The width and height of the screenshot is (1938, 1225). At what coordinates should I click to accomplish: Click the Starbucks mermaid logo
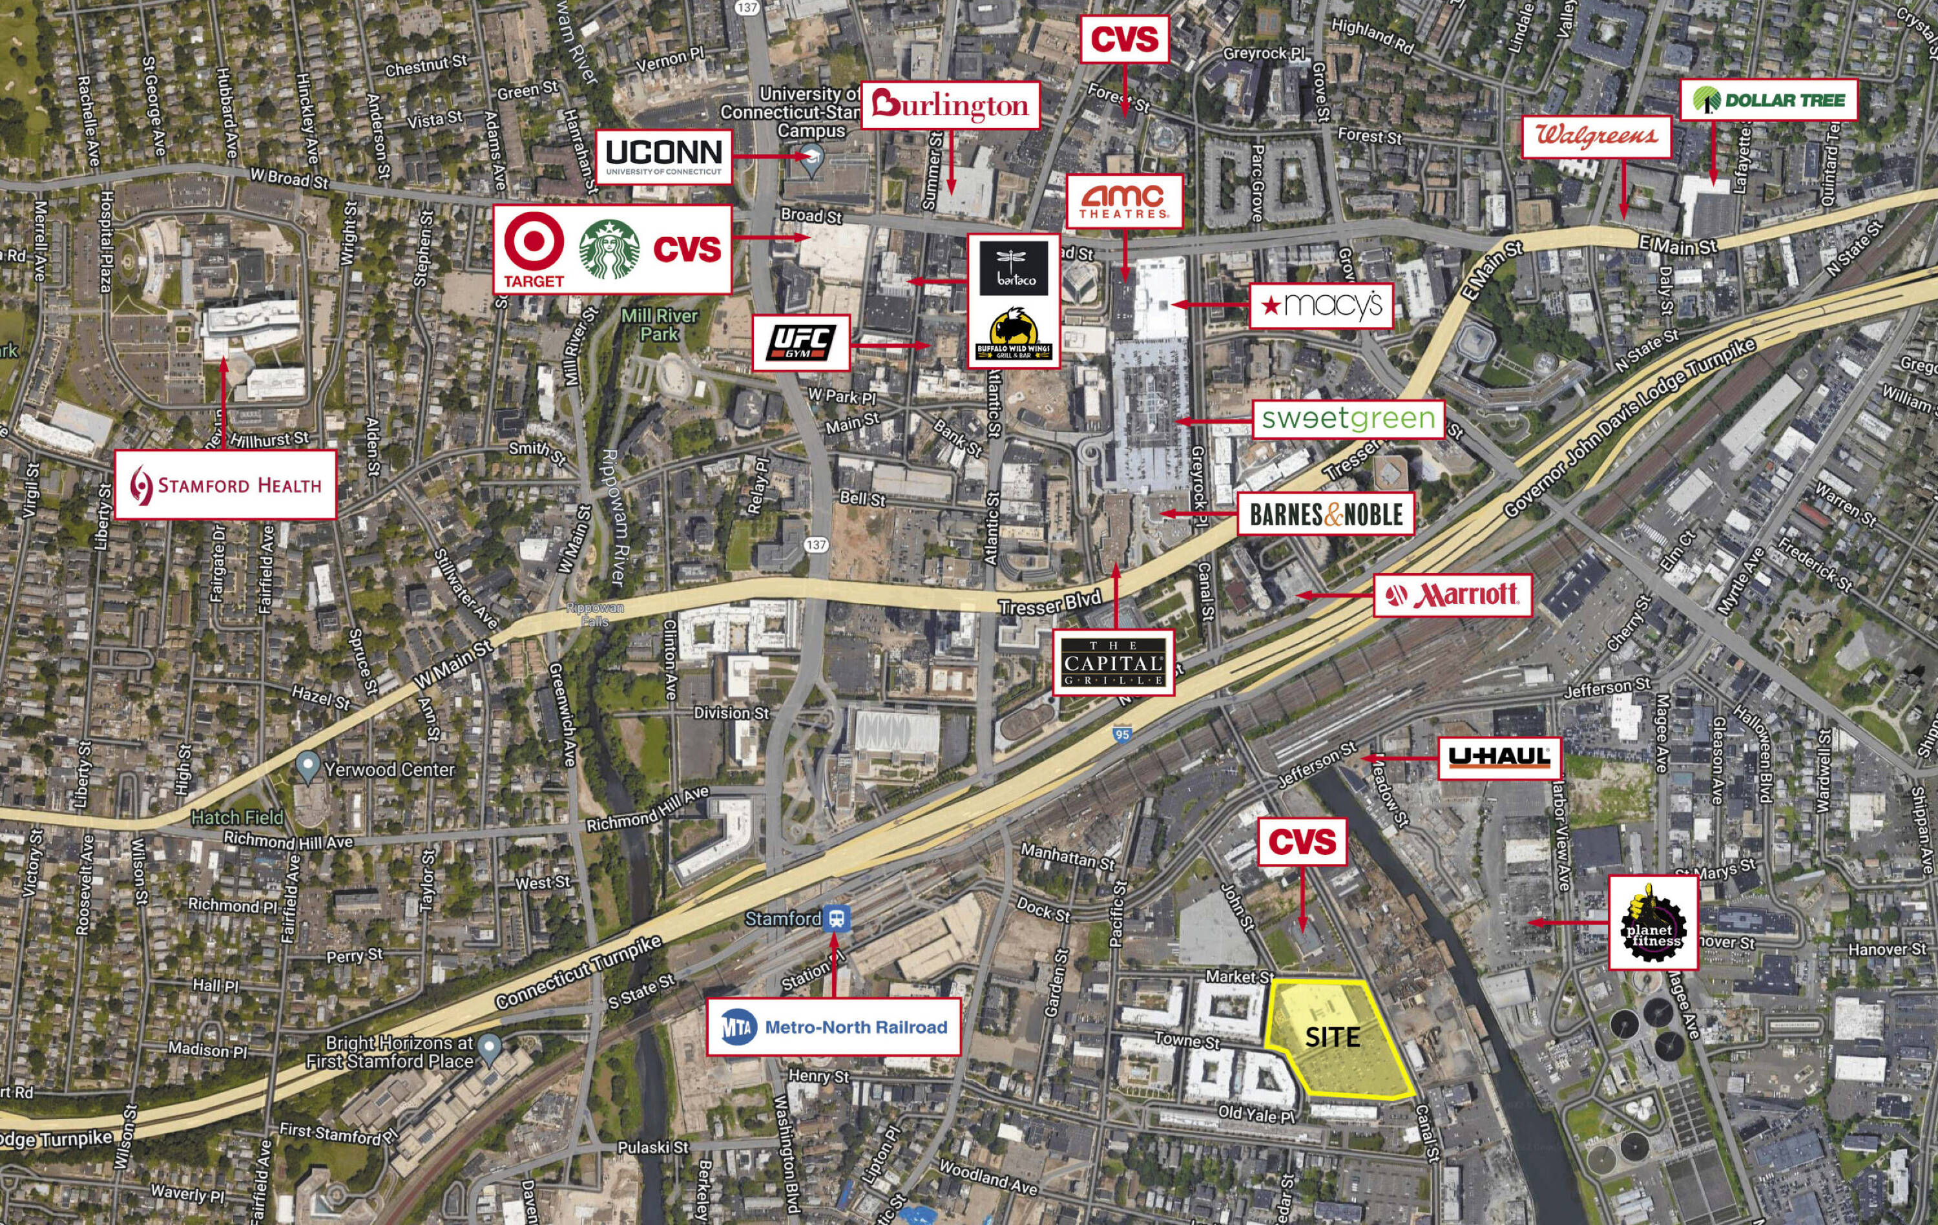[x=609, y=249]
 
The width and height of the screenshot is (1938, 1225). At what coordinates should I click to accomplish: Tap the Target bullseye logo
[x=534, y=242]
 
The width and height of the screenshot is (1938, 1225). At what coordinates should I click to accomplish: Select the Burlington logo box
[x=950, y=105]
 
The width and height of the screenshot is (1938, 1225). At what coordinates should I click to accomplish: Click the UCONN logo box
[x=664, y=157]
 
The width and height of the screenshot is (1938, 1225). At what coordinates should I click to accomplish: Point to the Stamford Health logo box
[x=225, y=485]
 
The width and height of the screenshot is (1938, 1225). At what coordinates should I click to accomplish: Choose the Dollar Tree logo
[x=1768, y=99]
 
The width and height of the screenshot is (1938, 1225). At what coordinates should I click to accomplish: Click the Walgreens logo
[x=1597, y=136]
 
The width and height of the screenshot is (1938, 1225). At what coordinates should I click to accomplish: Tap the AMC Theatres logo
[x=1124, y=200]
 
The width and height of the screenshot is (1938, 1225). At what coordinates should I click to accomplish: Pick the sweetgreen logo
[x=1348, y=419]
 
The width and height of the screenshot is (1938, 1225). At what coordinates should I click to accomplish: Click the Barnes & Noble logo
[x=1326, y=514]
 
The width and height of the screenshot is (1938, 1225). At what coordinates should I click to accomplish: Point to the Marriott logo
[x=1452, y=596]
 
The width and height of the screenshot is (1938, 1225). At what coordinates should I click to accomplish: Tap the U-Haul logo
[x=1499, y=757]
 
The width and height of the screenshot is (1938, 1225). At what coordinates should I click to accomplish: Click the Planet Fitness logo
[x=1653, y=923]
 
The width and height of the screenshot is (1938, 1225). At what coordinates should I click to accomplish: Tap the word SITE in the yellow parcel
[x=1332, y=1038]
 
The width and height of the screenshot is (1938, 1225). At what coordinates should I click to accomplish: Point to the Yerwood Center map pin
[x=307, y=767]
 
